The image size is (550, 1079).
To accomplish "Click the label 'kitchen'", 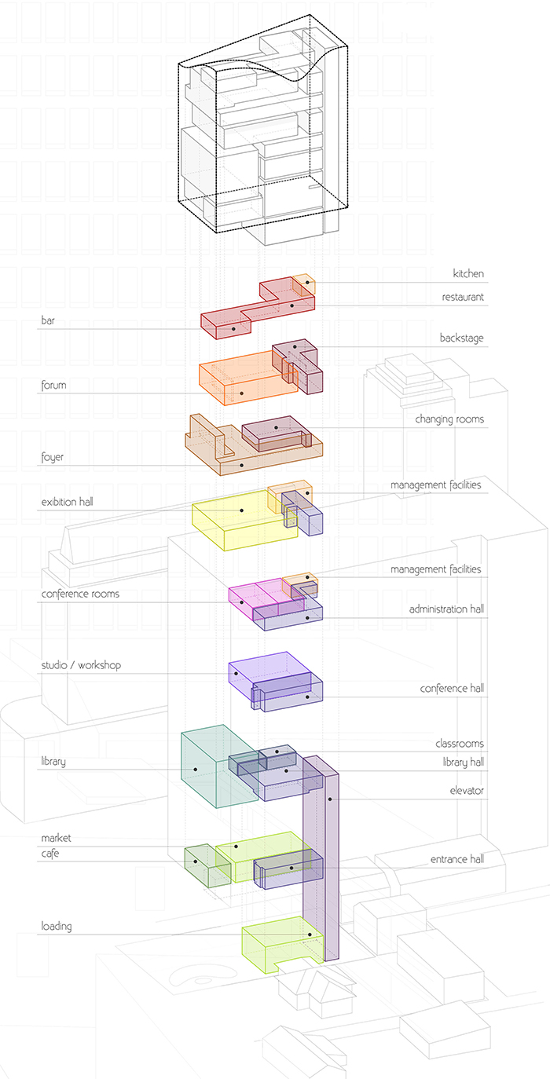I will pos(468,274).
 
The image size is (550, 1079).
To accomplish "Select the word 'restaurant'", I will pos(463,298).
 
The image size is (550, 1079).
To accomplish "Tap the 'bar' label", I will pos(49,320).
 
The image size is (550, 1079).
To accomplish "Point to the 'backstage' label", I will pos(462,338).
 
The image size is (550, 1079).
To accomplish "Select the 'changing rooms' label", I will pos(449,419).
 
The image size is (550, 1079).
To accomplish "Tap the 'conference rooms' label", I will pos(80,594).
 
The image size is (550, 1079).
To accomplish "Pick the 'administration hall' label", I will pos(446,609).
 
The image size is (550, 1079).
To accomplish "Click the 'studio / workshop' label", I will pos(81,666).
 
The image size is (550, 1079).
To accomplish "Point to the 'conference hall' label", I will pos(452,689).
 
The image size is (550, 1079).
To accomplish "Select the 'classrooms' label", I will pos(460,744).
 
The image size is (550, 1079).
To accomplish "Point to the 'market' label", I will pos(56,838).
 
